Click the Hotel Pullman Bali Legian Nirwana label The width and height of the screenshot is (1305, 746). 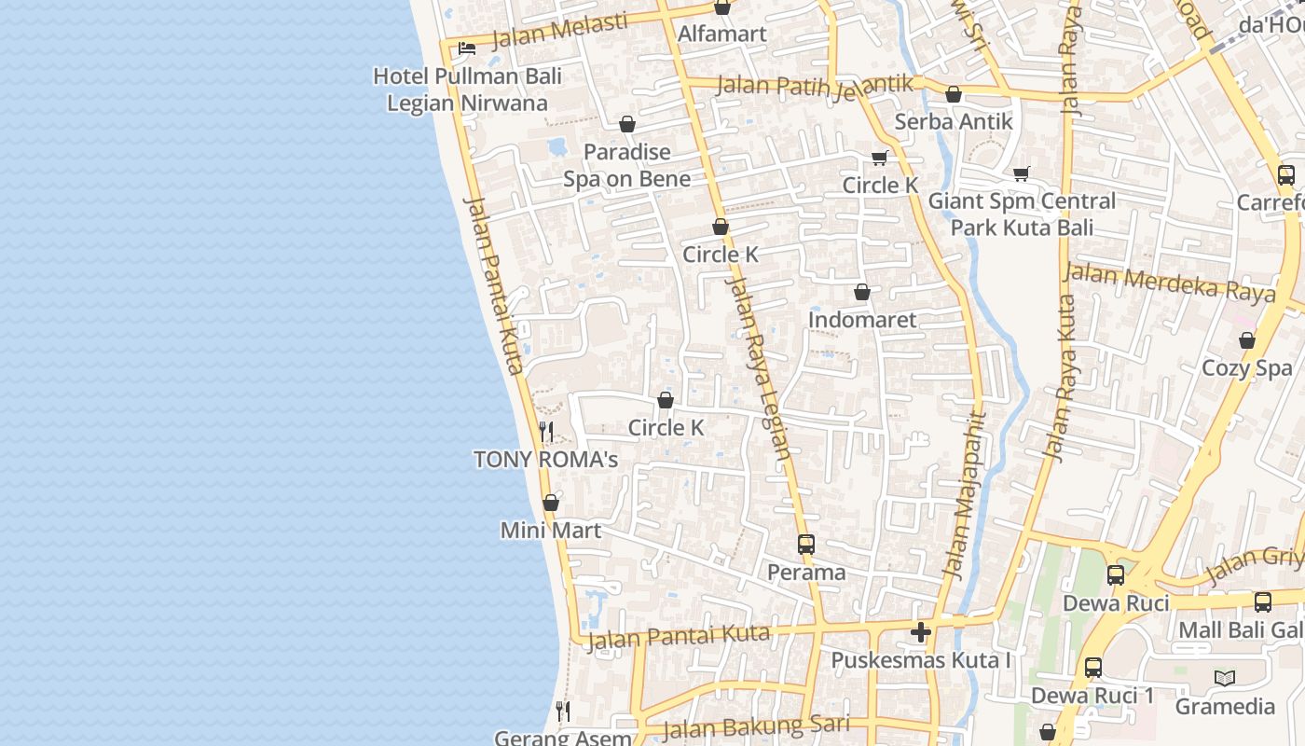[467, 89]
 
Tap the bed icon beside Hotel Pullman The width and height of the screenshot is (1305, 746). [467, 48]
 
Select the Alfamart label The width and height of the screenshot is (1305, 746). [722, 35]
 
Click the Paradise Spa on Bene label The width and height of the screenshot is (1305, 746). [627, 165]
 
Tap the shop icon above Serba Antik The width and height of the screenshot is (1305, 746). [954, 94]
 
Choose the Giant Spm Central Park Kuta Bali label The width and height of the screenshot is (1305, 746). [1022, 214]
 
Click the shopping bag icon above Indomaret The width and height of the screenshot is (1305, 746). [862, 292]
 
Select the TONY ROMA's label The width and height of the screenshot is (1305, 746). [546, 459]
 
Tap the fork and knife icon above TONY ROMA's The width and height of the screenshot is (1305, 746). [546, 432]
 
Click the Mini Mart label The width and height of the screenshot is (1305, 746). [551, 530]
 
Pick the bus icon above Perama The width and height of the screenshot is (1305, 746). [806, 545]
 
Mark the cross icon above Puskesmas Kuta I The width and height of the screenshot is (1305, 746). [921, 632]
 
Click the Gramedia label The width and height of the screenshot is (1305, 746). [1225, 706]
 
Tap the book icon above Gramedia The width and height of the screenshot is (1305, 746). [1225, 678]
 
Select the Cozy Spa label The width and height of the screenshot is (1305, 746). [1247, 367]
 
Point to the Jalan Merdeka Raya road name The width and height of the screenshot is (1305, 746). [1169, 282]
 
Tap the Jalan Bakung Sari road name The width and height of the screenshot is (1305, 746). [756, 725]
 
